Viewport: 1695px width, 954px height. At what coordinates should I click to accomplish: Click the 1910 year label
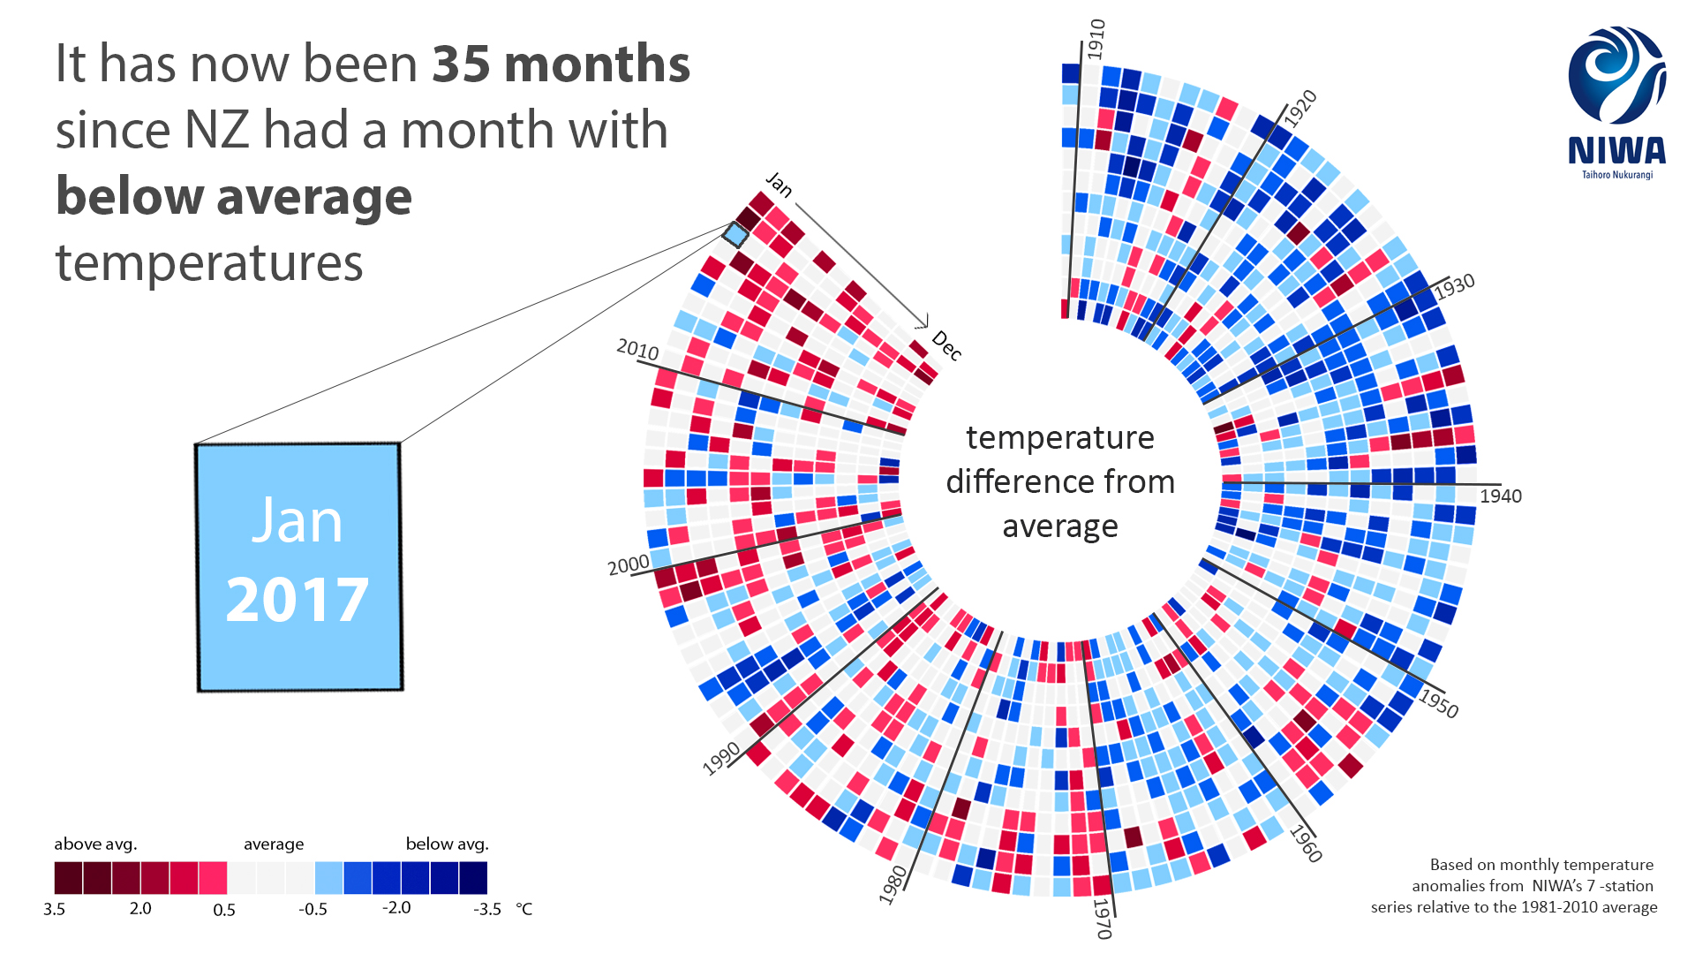tap(1096, 39)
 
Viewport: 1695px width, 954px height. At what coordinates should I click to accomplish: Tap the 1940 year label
tap(1501, 496)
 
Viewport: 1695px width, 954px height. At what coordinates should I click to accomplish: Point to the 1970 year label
tap(1102, 919)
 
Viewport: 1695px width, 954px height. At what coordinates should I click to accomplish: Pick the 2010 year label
tap(637, 350)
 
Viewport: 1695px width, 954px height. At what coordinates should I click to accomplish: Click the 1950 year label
tap(1438, 703)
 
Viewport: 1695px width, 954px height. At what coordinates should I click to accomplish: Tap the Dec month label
tap(946, 345)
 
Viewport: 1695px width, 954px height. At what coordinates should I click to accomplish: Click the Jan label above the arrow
tap(779, 184)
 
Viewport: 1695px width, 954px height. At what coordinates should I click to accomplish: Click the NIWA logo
tap(1617, 102)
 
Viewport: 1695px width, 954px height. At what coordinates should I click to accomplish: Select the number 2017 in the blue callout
tap(298, 601)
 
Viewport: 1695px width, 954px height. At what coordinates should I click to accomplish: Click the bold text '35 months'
tap(561, 64)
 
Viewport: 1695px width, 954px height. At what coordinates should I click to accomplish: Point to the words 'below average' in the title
tap(234, 196)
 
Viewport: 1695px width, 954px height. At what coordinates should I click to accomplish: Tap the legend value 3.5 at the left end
tap(54, 909)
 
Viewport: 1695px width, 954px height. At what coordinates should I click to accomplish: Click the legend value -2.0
tap(396, 908)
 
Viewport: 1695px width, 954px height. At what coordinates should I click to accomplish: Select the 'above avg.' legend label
tap(95, 844)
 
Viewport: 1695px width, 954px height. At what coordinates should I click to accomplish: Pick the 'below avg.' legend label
tap(447, 844)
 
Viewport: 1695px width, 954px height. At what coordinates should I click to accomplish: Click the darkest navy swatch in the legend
tap(473, 878)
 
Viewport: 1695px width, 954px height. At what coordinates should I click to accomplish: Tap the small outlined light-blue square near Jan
tap(735, 234)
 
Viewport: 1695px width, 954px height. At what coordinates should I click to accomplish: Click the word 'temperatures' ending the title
tap(209, 263)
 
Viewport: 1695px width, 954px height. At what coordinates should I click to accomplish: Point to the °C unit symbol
tap(524, 909)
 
